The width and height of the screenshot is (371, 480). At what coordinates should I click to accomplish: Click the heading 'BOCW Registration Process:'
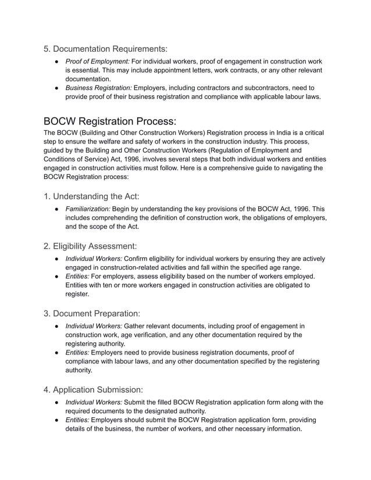click(110, 121)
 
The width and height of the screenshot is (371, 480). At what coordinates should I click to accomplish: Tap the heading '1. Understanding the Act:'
click(91, 196)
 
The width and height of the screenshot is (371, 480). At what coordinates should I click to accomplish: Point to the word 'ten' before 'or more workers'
click(105, 285)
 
